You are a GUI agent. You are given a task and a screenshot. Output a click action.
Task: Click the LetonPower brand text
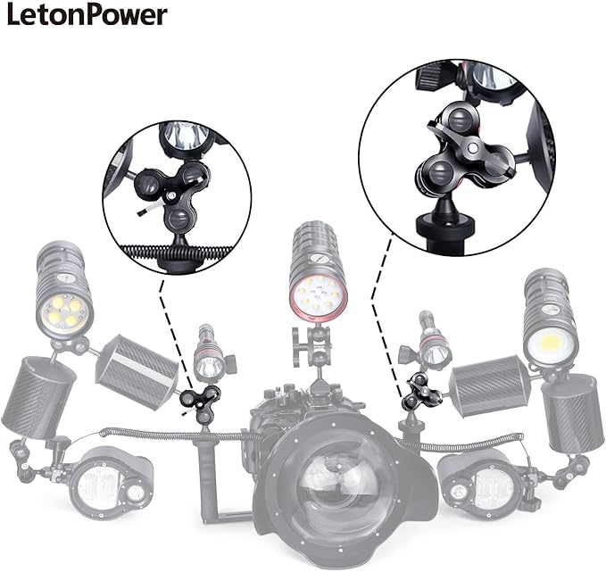point(87,15)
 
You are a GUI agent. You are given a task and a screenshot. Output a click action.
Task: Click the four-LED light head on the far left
point(65,312)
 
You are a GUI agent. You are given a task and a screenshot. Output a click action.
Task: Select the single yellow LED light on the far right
point(551,341)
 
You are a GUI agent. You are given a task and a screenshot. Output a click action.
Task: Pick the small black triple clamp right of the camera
point(421,394)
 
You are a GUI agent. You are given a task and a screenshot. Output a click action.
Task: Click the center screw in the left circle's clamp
point(170,196)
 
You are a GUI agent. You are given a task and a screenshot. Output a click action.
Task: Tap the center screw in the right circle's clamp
point(472,147)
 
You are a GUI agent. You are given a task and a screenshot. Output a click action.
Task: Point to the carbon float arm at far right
point(573,413)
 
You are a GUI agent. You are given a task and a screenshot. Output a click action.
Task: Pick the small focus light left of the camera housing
point(211,355)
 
